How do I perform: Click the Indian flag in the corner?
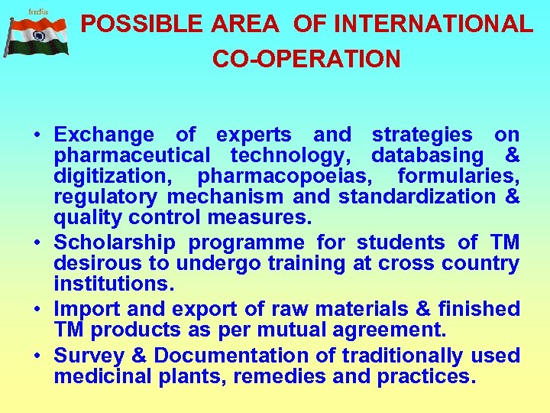coord(37,37)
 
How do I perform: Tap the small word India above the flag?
coord(37,11)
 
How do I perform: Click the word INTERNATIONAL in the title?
coord(433,24)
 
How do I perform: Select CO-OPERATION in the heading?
coord(306,59)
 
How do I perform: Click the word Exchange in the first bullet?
coord(104,135)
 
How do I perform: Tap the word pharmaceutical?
coord(131,156)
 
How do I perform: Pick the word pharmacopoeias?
coord(286,177)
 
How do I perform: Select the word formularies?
coord(458,177)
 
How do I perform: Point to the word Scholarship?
coord(115,243)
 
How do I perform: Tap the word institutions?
coord(114,285)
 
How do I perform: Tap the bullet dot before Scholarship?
coord(37,243)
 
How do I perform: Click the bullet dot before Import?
coord(37,309)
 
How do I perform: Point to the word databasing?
coord(427,156)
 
